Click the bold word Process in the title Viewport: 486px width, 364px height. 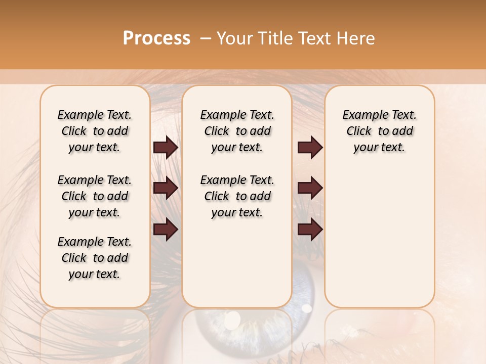click(x=156, y=38)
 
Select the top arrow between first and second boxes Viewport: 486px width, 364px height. click(x=166, y=148)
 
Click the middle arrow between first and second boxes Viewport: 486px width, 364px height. click(x=166, y=189)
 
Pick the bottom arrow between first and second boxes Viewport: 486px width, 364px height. click(x=166, y=229)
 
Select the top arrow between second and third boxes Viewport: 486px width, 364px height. click(x=310, y=148)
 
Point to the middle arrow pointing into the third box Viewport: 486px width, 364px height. click(x=310, y=188)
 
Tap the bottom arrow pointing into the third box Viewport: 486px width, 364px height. click(x=310, y=229)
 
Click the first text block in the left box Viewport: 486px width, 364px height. click(x=95, y=131)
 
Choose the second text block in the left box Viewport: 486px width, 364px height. click(x=95, y=196)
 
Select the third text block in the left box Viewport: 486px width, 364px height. click(x=95, y=258)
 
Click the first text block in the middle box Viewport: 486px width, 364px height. click(x=237, y=131)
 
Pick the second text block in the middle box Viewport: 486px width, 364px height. click(x=237, y=196)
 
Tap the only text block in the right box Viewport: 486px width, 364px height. click(x=379, y=131)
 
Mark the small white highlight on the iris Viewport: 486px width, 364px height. click(x=306, y=307)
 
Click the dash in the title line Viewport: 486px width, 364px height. click(x=206, y=38)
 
